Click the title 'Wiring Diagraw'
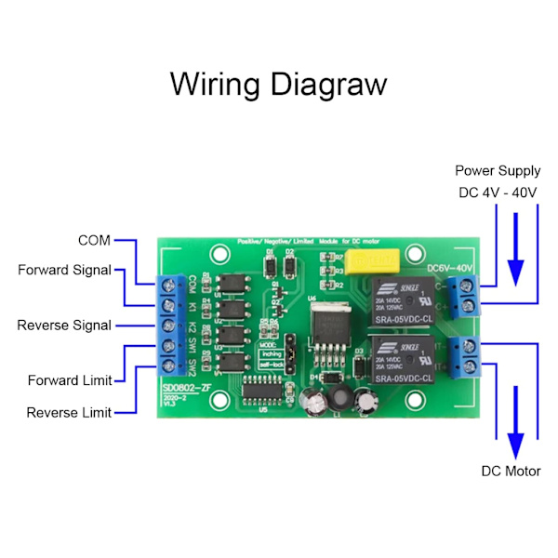click(x=278, y=85)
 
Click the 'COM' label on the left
click(x=94, y=241)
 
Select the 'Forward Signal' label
click(x=64, y=270)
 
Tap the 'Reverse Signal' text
click(x=64, y=325)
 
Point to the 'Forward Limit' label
click(x=70, y=380)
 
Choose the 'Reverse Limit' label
click(x=69, y=412)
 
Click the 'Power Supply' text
click(x=497, y=171)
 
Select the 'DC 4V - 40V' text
click(x=497, y=193)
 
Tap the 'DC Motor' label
click(x=511, y=471)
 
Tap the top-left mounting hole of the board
click(x=219, y=253)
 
